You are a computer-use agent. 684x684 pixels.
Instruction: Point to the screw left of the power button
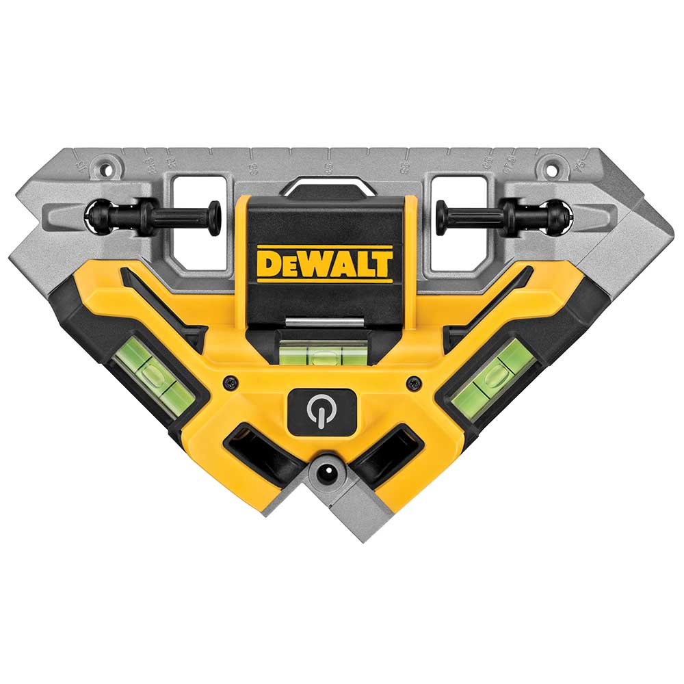pos(233,382)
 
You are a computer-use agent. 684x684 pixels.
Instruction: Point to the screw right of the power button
pos(412,383)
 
